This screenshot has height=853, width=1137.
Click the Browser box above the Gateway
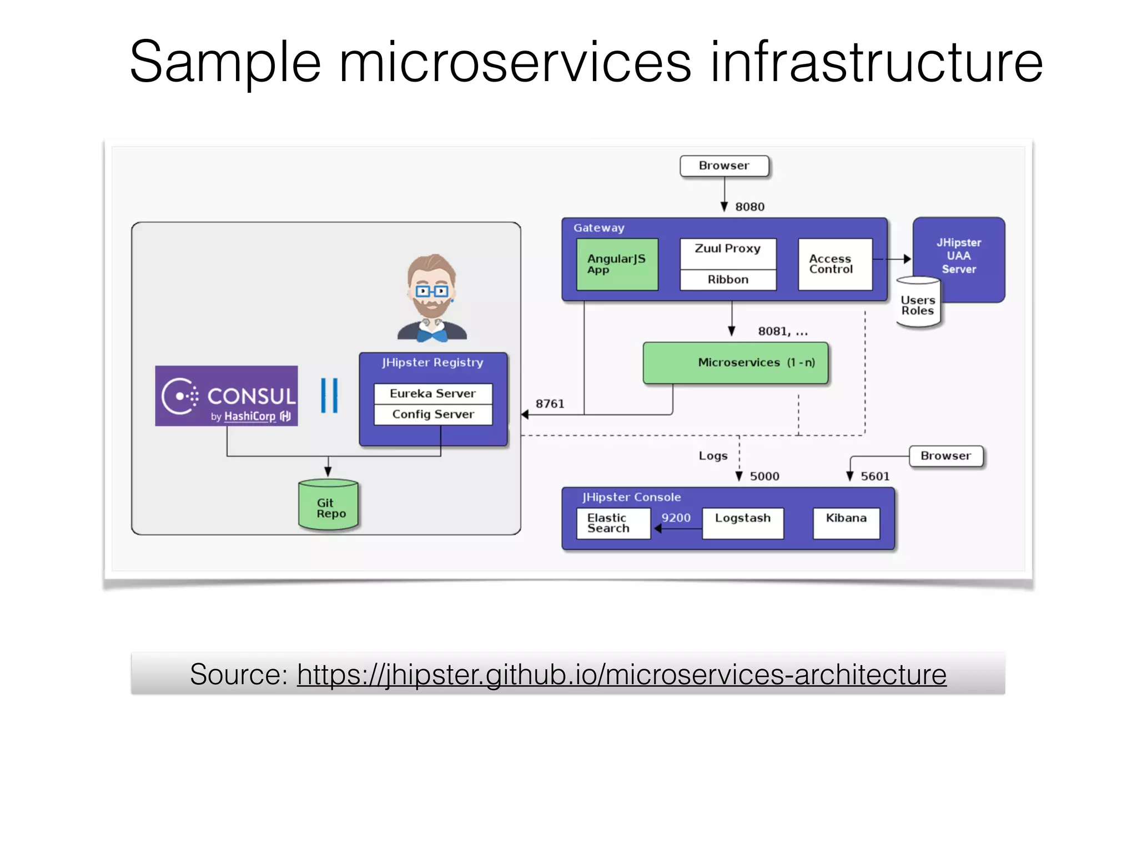pos(724,166)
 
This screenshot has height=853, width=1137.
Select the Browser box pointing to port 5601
pos(945,456)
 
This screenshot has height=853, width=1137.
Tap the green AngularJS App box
pos(617,264)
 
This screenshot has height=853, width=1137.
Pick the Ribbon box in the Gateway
pos(727,280)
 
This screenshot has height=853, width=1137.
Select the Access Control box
pos(834,264)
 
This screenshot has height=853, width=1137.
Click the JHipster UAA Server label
pos(959,256)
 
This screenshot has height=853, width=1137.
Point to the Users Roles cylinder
pos(918,305)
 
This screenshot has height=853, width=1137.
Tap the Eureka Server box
pos(432,394)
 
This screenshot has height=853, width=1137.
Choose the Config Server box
pos(432,415)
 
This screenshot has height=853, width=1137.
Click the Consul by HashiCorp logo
pos(226,396)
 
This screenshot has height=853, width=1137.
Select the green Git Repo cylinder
pos(328,505)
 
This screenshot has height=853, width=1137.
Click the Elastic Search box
pos(613,523)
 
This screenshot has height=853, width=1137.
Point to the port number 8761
pos(550,404)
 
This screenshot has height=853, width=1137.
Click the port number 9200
pos(676,518)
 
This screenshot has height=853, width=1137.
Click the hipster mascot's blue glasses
pos(431,291)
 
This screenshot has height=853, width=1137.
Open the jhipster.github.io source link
pos(621,675)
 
